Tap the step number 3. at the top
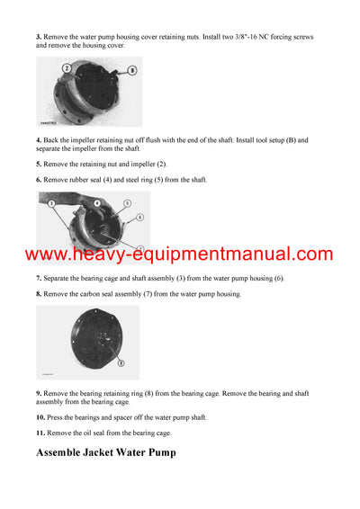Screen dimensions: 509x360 pos(39,37)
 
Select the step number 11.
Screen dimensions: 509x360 pos(41,433)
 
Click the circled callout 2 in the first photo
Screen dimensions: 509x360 pos(67,67)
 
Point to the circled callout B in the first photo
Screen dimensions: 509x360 pos(132,68)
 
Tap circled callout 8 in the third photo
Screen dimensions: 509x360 pos(121,363)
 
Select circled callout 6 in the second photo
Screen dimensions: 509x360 pos(139,217)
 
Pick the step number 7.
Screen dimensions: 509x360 pos(39,279)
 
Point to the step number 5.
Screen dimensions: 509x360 pos(39,165)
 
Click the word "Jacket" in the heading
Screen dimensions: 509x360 pos(115,452)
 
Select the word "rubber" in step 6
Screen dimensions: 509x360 pos(83,180)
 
